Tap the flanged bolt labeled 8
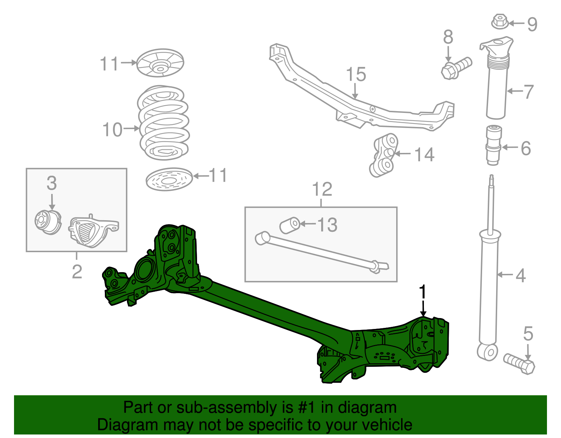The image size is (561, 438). coord(455,68)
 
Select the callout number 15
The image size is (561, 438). coord(356,75)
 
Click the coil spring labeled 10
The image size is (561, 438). coord(164,123)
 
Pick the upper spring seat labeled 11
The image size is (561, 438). coord(160,63)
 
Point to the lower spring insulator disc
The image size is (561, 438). coord(169,180)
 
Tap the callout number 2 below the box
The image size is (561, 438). coord(77,272)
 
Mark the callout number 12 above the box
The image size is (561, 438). coord(322,189)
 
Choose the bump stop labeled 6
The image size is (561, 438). coord(493,144)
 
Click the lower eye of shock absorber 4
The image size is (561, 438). coord(487,352)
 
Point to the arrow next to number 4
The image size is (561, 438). coord(505,275)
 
